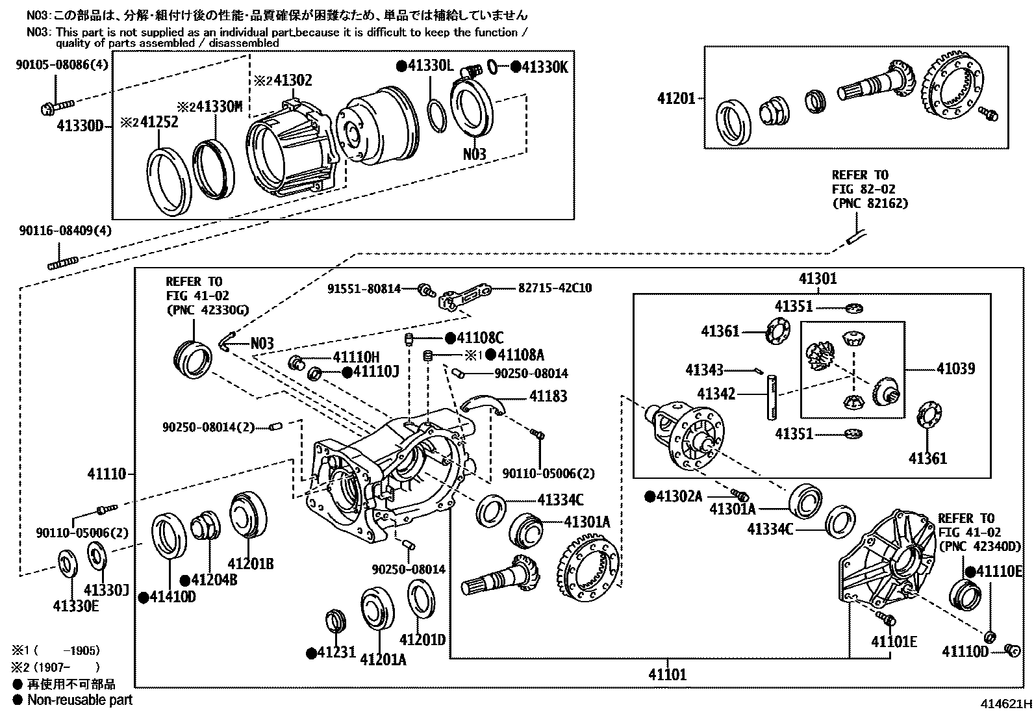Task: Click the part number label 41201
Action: (x=675, y=99)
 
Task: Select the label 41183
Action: (x=548, y=396)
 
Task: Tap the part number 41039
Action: (x=955, y=369)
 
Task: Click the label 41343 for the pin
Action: (x=704, y=370)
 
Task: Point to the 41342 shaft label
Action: (x=716, y=394)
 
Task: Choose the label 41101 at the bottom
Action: (x=667, y=674)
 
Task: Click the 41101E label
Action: (x=894, y=642)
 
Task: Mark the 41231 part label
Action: (x=336, y=652)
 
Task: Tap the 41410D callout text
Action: (x=171, y=596)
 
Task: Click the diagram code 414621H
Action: (x=1005, y=704)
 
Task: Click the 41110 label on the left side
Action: (x=107, y=475)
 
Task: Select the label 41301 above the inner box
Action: (x=818, y=279)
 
